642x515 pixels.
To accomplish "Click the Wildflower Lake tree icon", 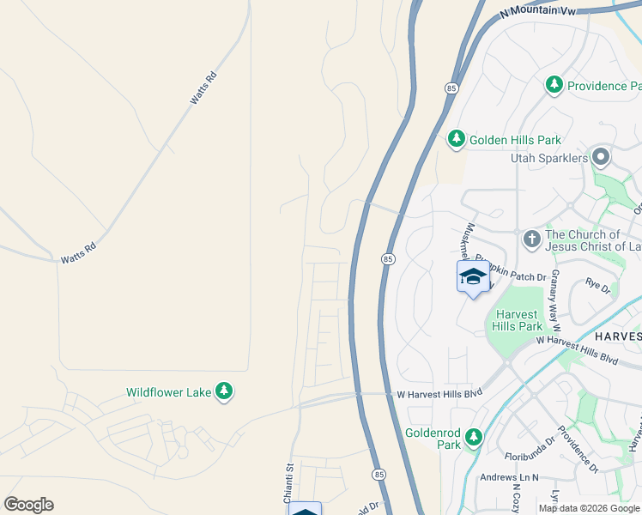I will pyautogui.click(x=224, y=391).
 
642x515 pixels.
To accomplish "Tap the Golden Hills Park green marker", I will pyautogui.click(x=456, y=139).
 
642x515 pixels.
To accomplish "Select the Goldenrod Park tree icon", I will pyautogui.click(x=473, y=439).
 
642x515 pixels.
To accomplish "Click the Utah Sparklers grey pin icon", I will pyautogui.click(x=600, y=158).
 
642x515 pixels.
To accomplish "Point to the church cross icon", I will pyautogui.click(x=531, y=239).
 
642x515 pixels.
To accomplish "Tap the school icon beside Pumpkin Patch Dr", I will pyautogui.click(x=472, y=277).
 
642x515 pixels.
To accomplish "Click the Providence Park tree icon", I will pyautogui.click(x=554, y=85).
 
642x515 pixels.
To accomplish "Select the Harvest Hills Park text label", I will pyautogui.click(x=518, y=320).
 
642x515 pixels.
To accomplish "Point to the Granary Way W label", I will pyautogui.click(x=556, y=300).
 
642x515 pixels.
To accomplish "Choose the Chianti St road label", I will pyautogui.click(x=289, y=484).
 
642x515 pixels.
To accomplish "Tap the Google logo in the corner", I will pyautogui.click(x=28, y=505).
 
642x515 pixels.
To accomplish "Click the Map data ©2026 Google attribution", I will pyautogui.click(x=589, y=508).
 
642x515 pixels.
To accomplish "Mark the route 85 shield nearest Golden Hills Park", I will pyautogui.click(x=451, y=88).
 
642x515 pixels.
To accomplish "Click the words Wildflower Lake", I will pyautogui.click(x=168, y=392).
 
